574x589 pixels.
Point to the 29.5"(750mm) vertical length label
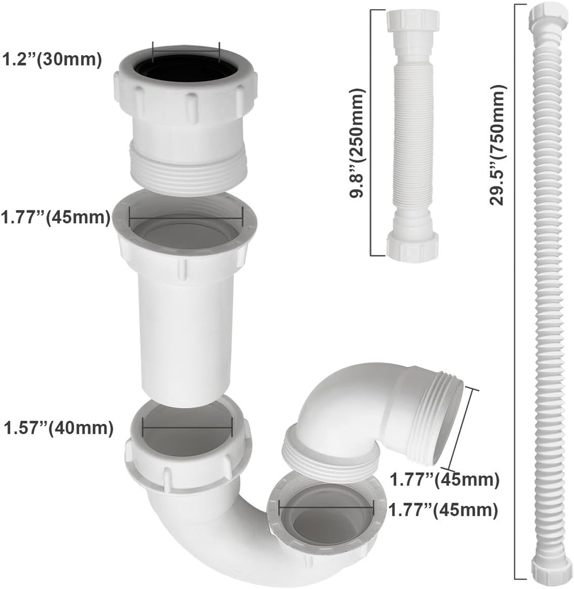click(498, 144)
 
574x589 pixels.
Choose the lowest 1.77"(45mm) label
click(441, 509)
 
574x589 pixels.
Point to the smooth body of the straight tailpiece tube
click(186, 339)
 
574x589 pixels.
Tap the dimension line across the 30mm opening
click(186, 51)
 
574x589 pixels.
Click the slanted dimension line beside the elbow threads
click(462, 429)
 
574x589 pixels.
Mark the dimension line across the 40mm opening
click(187, 427)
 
